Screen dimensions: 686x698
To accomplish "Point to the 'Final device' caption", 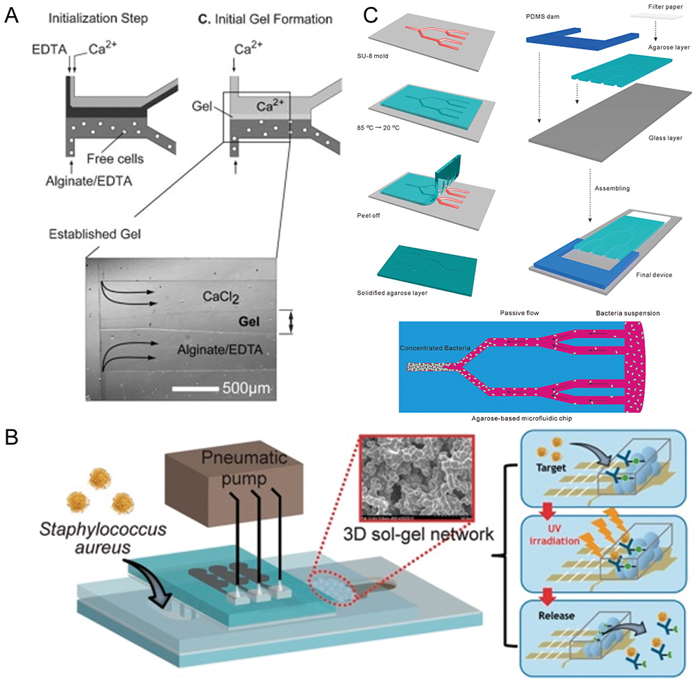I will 654,275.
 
